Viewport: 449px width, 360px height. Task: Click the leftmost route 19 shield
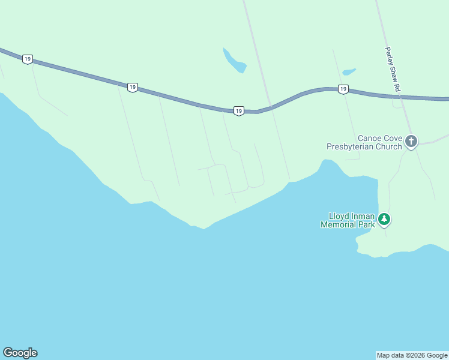(28, 59)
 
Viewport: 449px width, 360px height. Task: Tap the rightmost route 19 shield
(343, 89)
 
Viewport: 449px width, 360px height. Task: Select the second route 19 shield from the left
(133, 87)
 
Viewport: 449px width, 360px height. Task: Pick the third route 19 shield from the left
(238, 111)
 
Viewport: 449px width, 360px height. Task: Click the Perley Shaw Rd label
(393, 70)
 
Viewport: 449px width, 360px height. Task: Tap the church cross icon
(411, 142)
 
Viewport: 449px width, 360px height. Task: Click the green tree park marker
(384, 220)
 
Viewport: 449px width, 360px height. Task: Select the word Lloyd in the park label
(339, 216)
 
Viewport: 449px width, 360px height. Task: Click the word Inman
(364, 216)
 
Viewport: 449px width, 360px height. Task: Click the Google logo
(20, 353)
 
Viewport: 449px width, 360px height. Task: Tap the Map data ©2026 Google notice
(412, 355)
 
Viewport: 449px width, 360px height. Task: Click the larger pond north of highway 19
(234, 61)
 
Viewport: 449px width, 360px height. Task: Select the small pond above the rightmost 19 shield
(349, 72)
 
